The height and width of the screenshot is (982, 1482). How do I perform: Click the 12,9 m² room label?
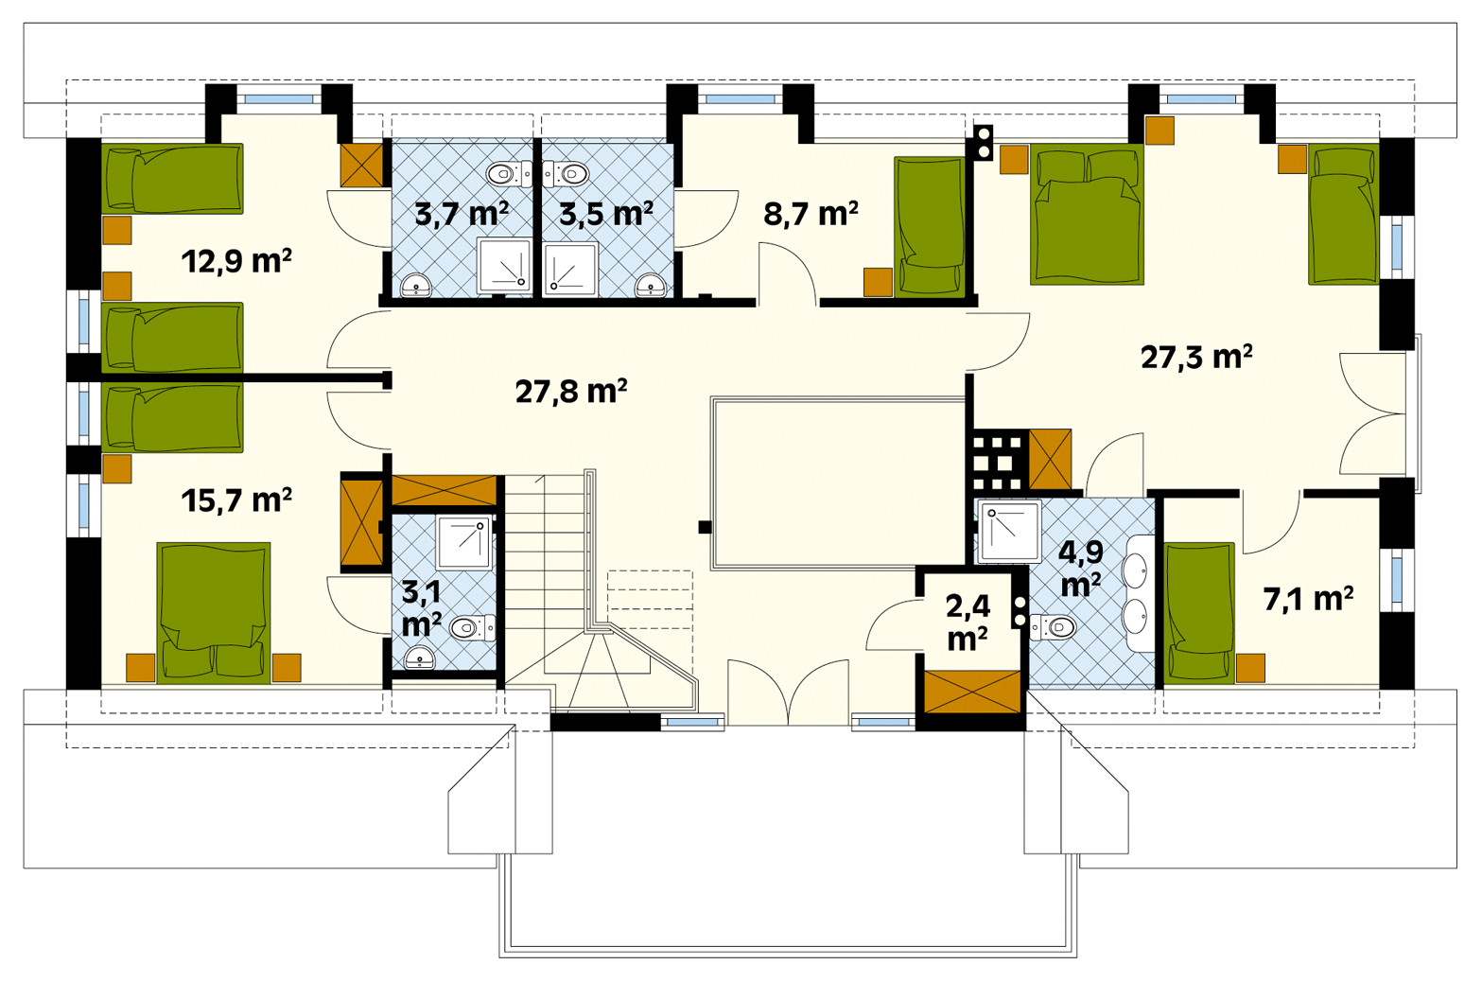(x=236, y=261)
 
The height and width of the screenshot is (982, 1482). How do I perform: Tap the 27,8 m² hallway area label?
(x=571, y=391)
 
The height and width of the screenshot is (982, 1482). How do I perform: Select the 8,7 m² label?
(x=811, y=213)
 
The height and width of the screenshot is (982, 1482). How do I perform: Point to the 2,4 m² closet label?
(x=968, y=622)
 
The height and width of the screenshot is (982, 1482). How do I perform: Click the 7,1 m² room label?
(x=1308, y=598)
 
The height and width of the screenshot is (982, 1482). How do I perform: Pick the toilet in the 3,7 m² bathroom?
(x=508, y=174)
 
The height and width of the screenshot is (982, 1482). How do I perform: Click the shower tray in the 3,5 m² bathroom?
(x=570, y=269)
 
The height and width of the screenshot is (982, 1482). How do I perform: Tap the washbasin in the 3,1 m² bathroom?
(x=420, y=658)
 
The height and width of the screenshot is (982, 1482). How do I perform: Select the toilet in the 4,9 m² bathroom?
(x=1053, y=626)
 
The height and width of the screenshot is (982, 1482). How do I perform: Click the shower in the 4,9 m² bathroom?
(x=1009, y=531)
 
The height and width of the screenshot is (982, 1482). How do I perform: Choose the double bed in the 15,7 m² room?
(x=213, y=612)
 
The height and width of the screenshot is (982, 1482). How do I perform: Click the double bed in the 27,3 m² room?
(x=1087, y=215)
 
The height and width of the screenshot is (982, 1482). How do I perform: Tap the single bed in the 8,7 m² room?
(x=930, y=226)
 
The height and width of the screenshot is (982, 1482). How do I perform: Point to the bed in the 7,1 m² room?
(x=1199, y=612)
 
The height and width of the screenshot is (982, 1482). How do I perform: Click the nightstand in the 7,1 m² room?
(x=1250, y=668)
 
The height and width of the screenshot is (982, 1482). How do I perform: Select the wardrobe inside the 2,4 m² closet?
(x=972, y=692)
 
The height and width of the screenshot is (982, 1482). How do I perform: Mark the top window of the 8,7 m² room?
(x=740, y=99)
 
